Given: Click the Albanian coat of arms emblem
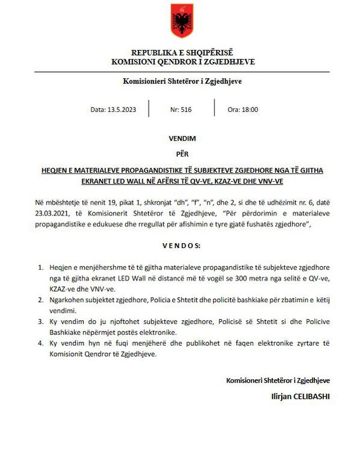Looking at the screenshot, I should click(x=181, y=21).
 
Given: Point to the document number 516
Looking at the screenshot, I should click(x=186, y=110).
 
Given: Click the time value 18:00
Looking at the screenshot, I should click(x=250, y=110).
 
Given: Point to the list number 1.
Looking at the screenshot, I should click(x=40, y=267).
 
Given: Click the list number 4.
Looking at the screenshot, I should click(x=40, y=343).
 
